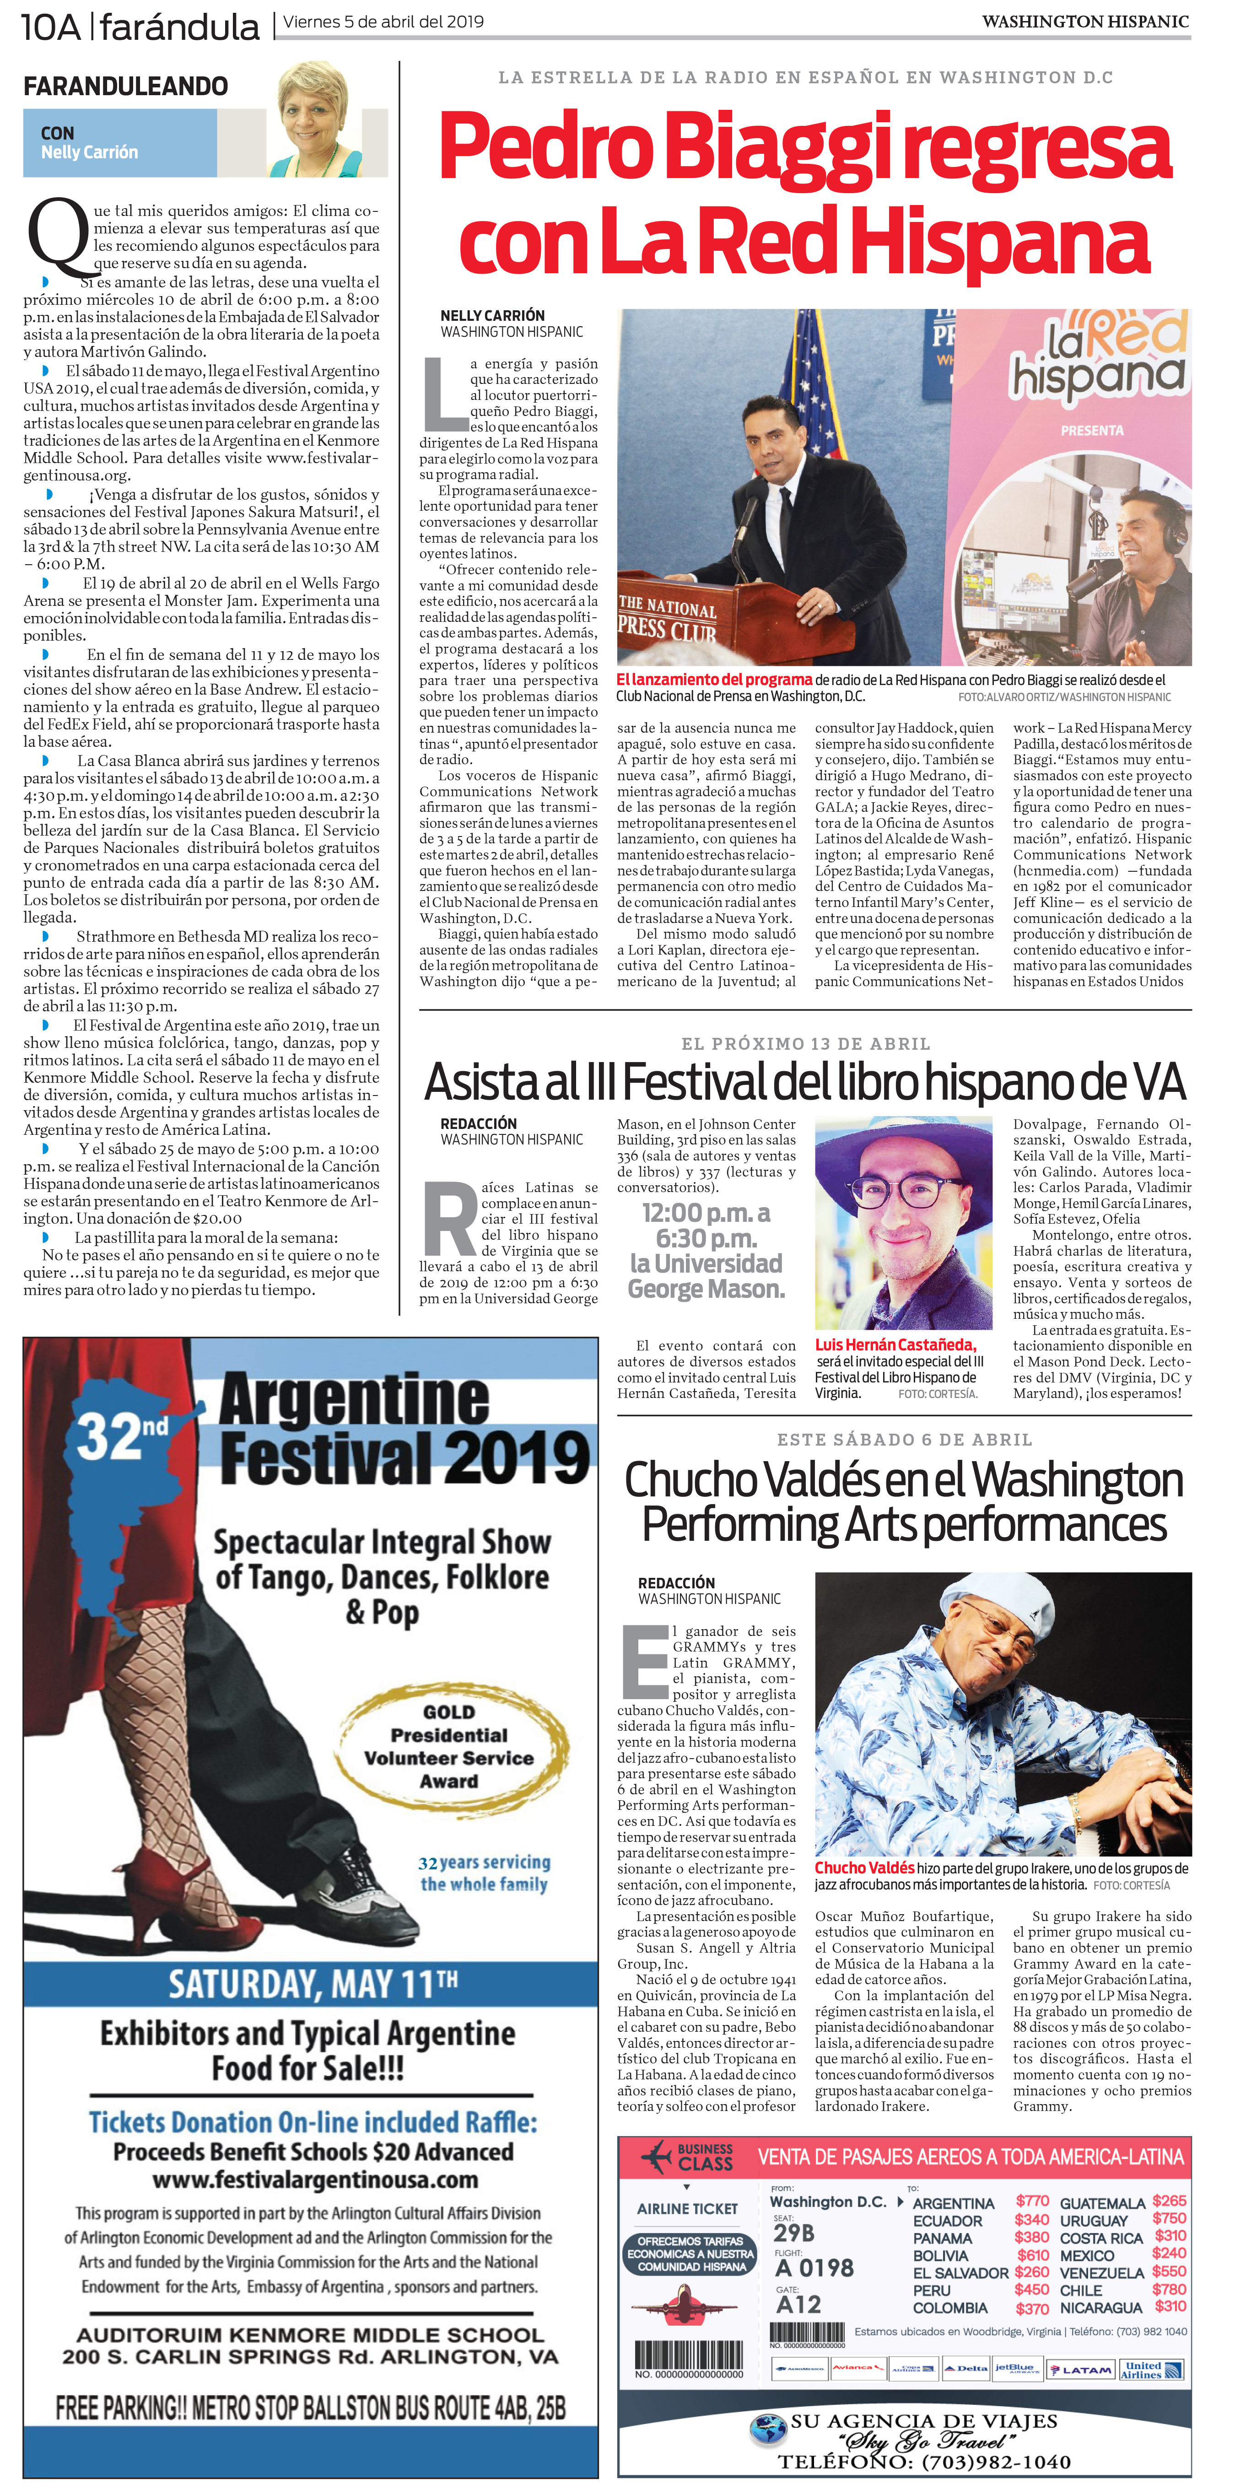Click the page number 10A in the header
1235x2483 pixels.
click(50, 27)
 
